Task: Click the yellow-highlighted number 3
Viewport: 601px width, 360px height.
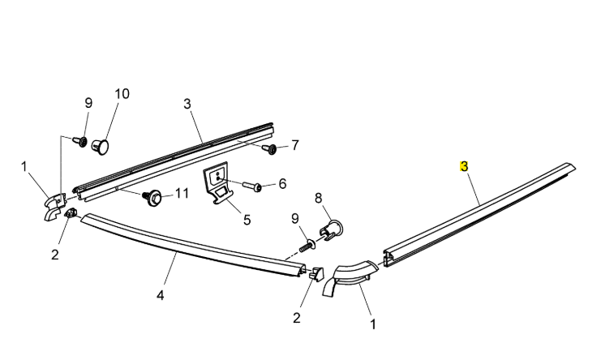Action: [x=464, y=166]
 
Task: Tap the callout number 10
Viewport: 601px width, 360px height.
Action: [x=122, y=93]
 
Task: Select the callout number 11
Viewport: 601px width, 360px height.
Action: [x=182, y=193]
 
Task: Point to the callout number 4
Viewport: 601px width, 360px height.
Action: [x=161, y=295]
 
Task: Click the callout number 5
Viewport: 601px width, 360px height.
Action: [x=247, y=218]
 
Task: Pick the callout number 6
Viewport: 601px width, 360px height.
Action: [x=282, y=184]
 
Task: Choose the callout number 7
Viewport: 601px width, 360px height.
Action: [x=295, y=145]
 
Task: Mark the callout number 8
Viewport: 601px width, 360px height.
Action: [x=318, y=197]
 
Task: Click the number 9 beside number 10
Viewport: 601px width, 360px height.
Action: [x=88, y=103]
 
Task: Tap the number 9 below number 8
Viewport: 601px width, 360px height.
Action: [x=295, y=218]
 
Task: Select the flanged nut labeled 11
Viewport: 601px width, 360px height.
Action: [x=150, y=195]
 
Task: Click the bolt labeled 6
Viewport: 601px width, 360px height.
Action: [x=254, y=187]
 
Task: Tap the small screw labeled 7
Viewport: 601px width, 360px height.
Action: [x=270, y=149]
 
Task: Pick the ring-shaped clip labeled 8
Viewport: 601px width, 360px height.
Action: [x=330, y=230]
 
